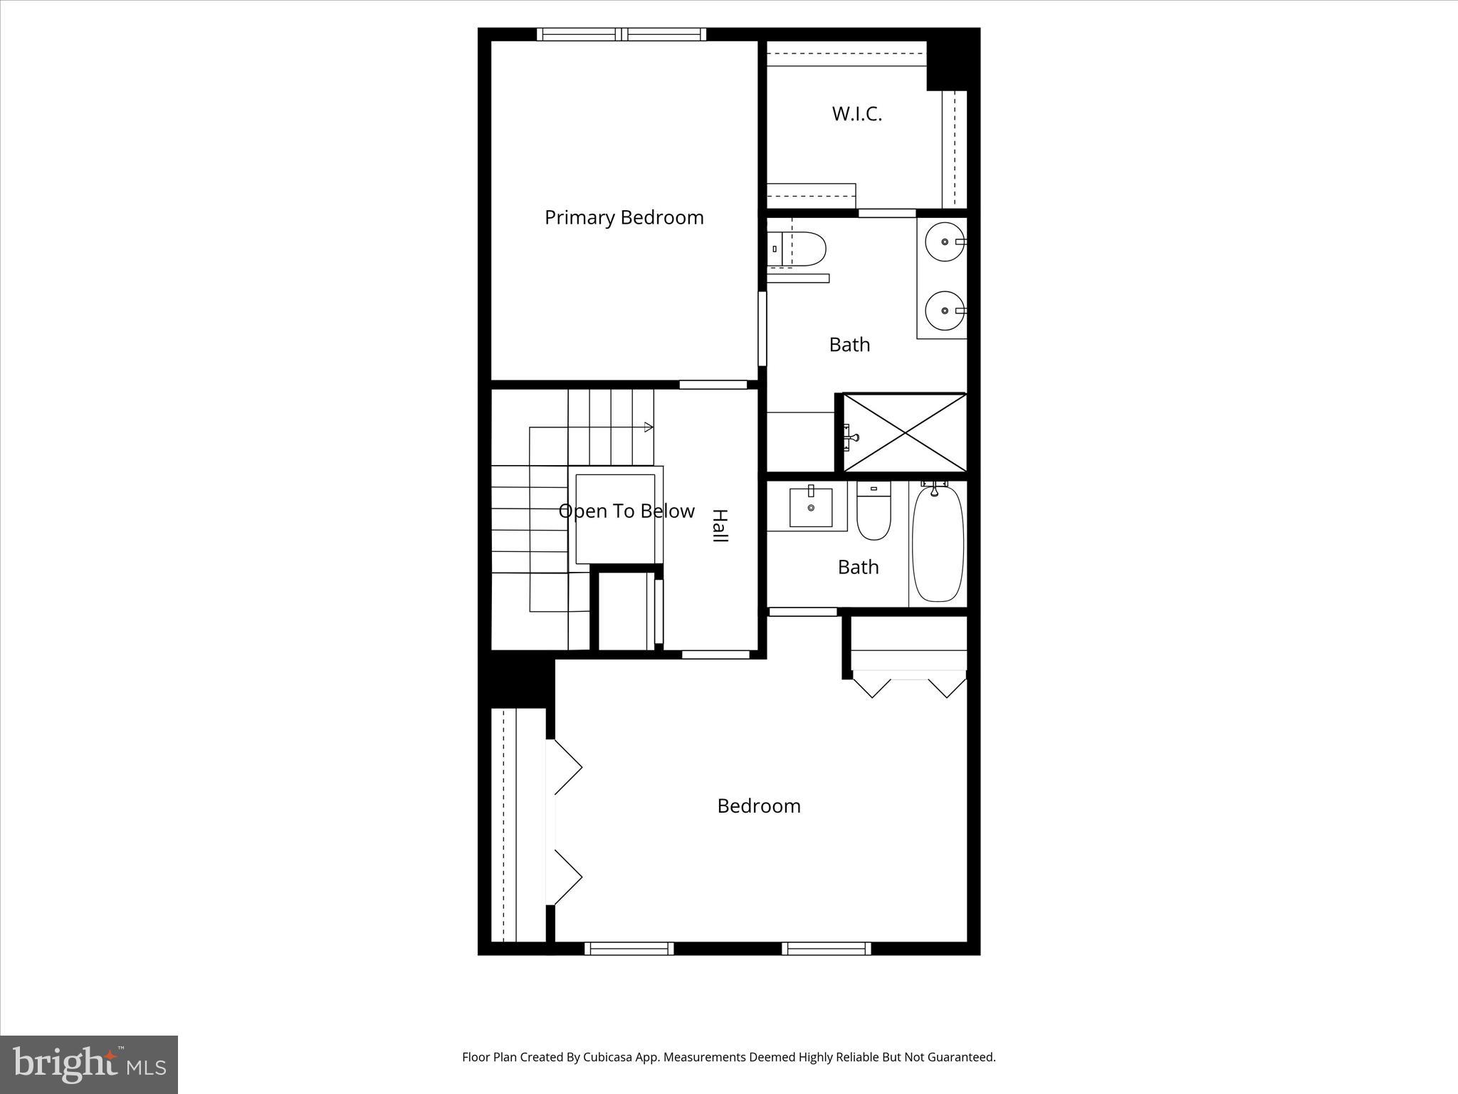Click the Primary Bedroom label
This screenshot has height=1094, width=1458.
(624, 217)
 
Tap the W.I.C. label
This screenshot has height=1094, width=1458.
(856, 114)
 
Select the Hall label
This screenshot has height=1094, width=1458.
(720, 526)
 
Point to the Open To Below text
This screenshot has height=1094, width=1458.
(626, 511)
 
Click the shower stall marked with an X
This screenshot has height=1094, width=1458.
(905, 432)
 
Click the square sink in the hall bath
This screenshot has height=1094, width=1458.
(811, 507)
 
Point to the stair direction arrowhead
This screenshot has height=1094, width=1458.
(649, 427)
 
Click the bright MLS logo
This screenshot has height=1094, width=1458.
(89, 1064)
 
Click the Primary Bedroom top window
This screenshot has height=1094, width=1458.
(622, 34)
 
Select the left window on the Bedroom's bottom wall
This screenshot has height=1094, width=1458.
(629, 948)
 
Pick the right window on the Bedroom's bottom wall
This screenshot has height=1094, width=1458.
(826, 948)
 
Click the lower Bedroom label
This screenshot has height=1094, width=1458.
(758, 806)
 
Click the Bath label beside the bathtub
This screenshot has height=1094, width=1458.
(858, 567)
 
